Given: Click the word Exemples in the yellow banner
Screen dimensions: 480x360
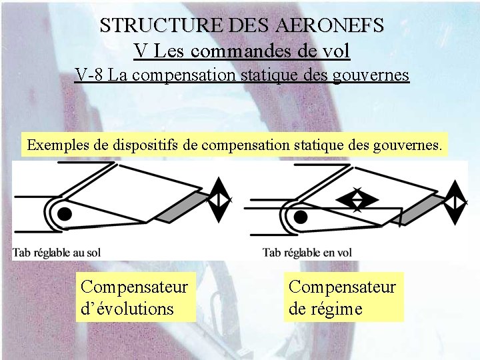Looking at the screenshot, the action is click(x=55, y=143).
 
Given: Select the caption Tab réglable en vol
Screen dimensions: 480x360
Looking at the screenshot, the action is click(x=307, y=252).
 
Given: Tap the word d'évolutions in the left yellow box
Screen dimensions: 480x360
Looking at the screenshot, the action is click(x=127, y=309).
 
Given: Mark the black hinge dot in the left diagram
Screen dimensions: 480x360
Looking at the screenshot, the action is click(x=65, y=213).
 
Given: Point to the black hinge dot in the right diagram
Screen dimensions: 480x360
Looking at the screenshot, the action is click(x=301, y=216).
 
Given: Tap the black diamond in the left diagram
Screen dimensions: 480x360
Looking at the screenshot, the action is click(x=218, y=199).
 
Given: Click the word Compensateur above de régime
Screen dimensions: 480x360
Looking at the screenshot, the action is click(x=342, y=287).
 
